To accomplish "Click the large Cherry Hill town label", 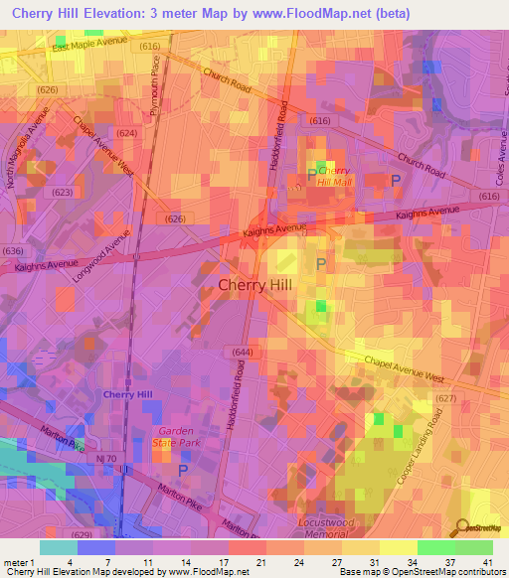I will [x=254, y=285].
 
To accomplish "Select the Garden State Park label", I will [x=180, y=438].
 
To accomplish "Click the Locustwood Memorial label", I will [x=327, y=527].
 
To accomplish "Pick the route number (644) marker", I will [x=241, y=352].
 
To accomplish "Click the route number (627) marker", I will [x=445, y=398].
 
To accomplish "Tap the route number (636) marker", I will [x=13, y=250].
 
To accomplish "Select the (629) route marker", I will [x=82, y=534].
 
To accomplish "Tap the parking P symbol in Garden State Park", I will [x=182, y=469].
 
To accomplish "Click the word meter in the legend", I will [x=16, y=561].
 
